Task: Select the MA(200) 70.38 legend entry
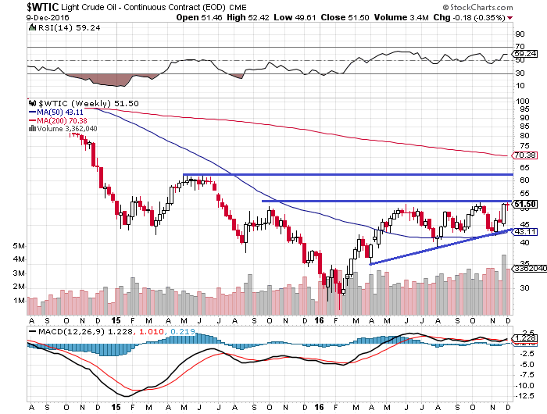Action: [59, 120]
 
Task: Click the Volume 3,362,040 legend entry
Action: [63, 129]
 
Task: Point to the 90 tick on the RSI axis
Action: [518, 35]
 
